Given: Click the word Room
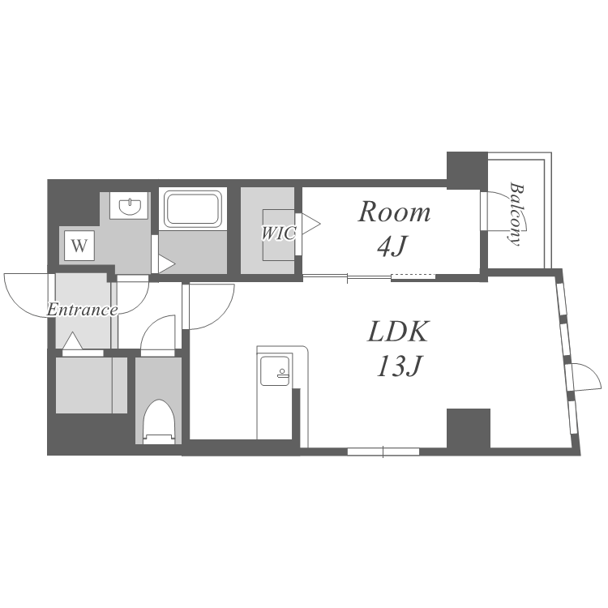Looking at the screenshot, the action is tap(394, 212).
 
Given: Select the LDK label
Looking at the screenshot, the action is tap(398, 331).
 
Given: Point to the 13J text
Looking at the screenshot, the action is tap(399, 366).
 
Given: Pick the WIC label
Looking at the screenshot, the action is tap(279, 233).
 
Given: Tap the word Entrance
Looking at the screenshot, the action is tap(82, 310).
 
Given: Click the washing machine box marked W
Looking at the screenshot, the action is tap(79, 246).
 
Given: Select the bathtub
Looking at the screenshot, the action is tap(193, 209).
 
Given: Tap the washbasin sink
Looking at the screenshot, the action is tap(130, 207).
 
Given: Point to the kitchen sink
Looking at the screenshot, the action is tap(275, 370).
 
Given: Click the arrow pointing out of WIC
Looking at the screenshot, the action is tap(311, 224).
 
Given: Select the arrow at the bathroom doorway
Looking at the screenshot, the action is tap(167, 263).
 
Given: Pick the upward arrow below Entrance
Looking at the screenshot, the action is tap(72, 340).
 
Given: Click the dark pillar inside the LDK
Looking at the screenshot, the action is tap(469, 428).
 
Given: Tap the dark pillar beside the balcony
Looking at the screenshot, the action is tap(467, 170).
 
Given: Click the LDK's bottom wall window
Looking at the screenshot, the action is tap(383, 452).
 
